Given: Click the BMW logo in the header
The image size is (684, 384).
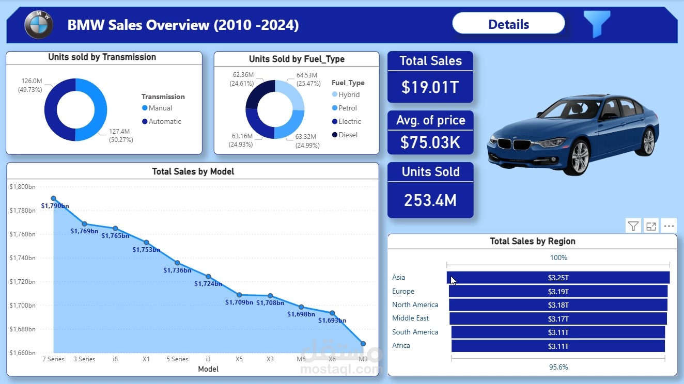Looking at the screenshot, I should tap(39, 24).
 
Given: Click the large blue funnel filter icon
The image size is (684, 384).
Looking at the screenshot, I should tap(597, 23).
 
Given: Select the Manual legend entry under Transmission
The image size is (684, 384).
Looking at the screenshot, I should tap(160, 108).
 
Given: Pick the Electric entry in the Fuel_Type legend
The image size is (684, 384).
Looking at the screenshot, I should tap(349, 121).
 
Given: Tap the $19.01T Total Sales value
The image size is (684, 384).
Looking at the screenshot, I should tap(430, 87).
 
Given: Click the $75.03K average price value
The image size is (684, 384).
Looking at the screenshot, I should tap(430, 142).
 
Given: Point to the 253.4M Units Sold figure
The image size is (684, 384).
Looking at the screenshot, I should tap(430, 200).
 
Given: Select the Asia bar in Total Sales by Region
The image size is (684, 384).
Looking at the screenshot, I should tap(558, 278).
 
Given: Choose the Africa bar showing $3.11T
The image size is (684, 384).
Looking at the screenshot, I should tap(558, 346).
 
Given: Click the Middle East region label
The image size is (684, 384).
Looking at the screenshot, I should tap(410, 318).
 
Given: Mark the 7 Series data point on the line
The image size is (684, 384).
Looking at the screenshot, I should tap(53, 198).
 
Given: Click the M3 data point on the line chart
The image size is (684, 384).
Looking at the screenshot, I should tap(363, 344).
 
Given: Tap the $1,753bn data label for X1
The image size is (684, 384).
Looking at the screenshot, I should tap(146, 250).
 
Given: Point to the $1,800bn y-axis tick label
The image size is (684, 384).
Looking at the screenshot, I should tap(22, 187).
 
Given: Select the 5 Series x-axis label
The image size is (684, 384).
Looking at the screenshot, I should tap(177, 359).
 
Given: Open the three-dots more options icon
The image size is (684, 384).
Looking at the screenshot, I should tap(669, 226).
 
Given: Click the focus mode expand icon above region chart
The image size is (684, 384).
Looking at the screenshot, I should tap(651, 226).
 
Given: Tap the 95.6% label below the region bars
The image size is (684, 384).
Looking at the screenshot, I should tap(558, 367).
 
